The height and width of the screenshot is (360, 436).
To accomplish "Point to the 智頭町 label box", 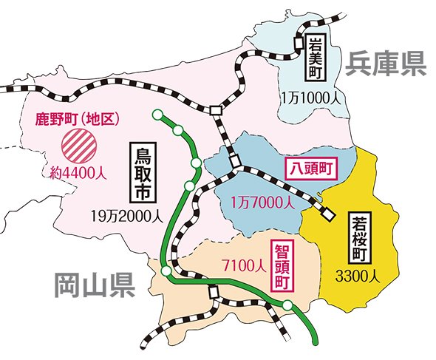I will (281, 267).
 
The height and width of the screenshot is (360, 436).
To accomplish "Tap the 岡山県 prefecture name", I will (93, 283).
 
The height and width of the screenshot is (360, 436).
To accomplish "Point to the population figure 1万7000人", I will (262, 201).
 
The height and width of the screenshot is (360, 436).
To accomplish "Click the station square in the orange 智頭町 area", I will (214, 292).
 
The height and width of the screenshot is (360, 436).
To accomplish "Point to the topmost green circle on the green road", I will (157, 115).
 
